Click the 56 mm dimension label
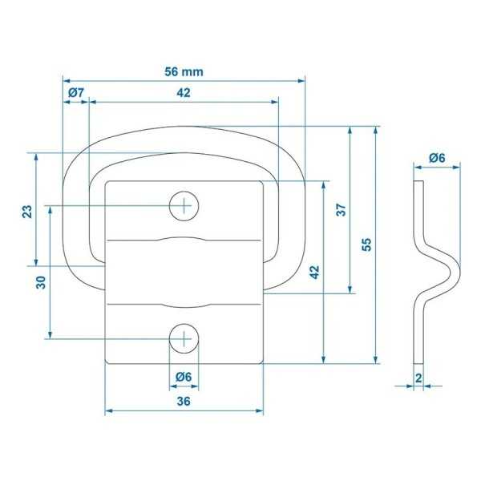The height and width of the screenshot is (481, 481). (x=184, y=71)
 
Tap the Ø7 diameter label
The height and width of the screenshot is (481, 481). (x=75, y=93)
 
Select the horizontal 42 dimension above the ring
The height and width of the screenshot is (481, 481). (x=184, y=93)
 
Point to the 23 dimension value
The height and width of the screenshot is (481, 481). (x=26, y=211)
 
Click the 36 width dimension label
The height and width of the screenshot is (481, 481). (x=184, y=402)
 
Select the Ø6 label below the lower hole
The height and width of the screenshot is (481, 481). (x=184, y=377)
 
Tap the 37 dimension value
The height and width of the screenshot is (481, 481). (x=340, y=211)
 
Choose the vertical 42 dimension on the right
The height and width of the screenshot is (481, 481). (x=314, y=271)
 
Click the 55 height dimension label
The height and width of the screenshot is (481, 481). (x=366, y=245)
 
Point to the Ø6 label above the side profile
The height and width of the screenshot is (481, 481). (x=437, y=158)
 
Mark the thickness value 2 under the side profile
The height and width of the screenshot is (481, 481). (x=418, y=377)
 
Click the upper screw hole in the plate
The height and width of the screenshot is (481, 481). (x=184, y=206)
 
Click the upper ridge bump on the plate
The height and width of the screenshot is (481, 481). (x=184, y=239)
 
